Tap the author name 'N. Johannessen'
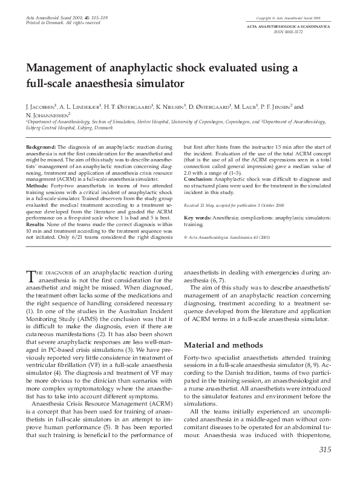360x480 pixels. [48, 114]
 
